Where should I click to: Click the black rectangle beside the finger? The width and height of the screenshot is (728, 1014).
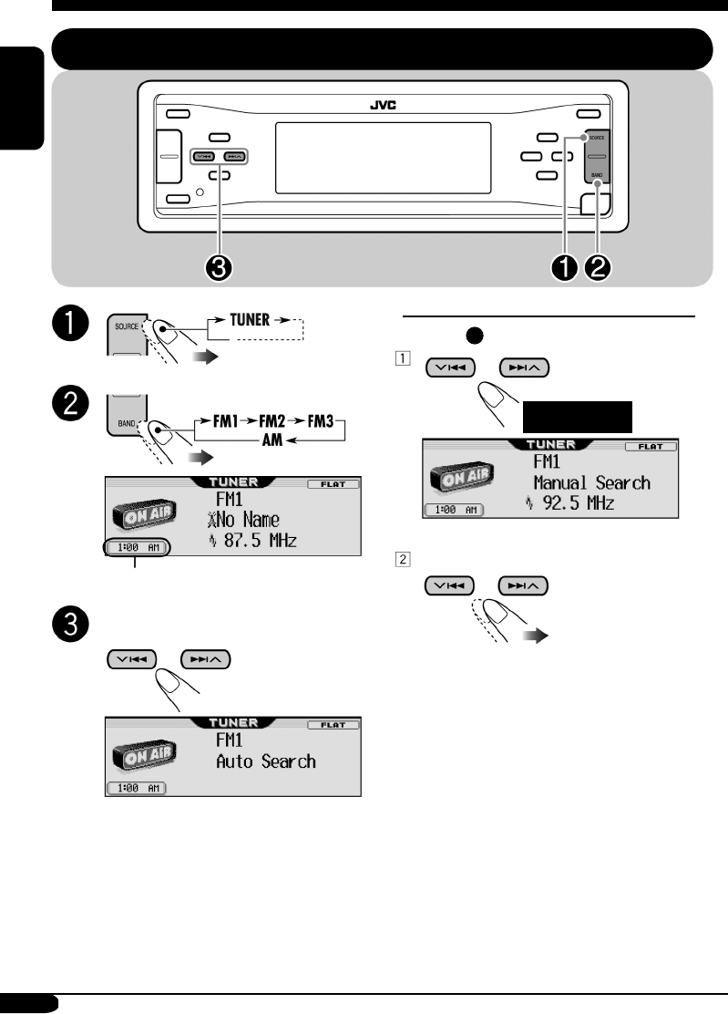577,416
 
